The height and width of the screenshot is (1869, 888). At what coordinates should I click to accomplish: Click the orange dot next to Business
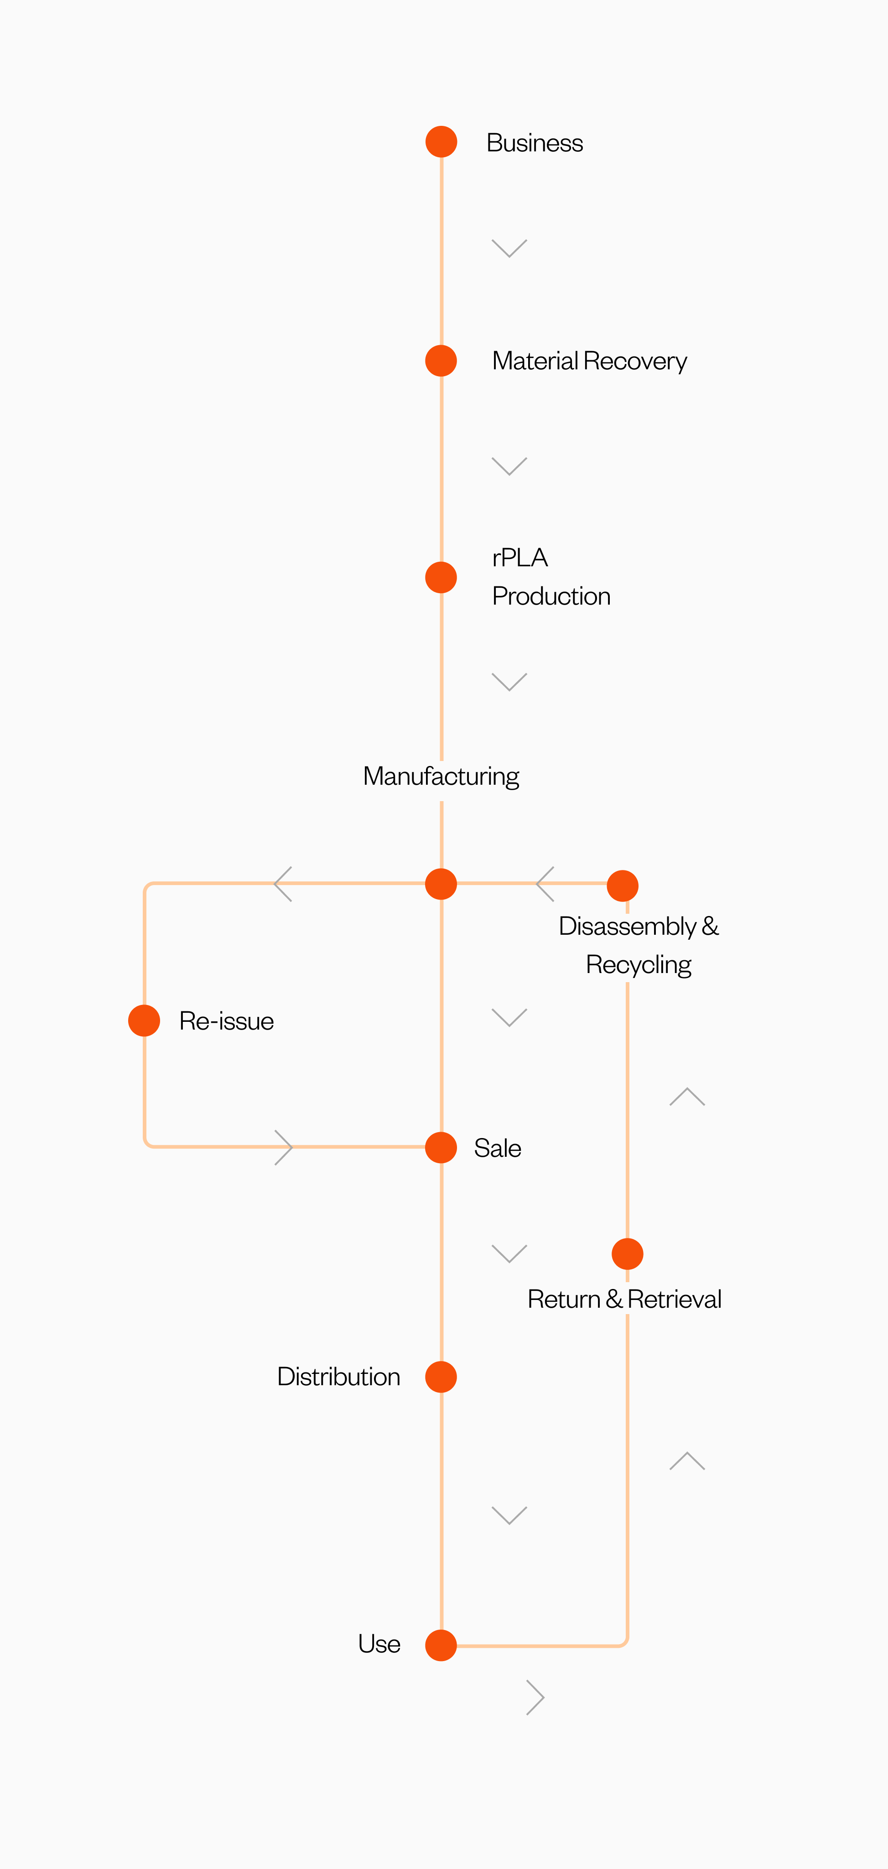pos(441,141)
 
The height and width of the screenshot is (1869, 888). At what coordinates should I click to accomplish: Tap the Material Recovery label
pos(589,361)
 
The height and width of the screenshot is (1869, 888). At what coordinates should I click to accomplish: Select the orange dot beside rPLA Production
pos(441,578)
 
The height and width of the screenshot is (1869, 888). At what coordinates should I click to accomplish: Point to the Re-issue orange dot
pos(145,1021)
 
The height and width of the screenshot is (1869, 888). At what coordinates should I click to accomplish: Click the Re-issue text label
pos(226,1021)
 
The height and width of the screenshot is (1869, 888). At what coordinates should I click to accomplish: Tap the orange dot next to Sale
pos(441,1148)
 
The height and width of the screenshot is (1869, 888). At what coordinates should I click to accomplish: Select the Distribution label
pos(339,1377)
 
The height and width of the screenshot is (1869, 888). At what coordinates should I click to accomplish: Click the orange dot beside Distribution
pos(441,1377)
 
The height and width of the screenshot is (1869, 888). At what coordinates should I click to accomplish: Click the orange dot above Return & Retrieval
pos(628,1254)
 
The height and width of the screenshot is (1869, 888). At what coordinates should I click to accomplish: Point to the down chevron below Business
pos(509,248)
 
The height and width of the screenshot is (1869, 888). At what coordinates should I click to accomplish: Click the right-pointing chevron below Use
pos(535,1697)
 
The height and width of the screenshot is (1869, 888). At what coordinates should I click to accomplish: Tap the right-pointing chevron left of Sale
pos(284,1147)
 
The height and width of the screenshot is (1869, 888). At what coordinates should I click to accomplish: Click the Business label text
pos(535,143)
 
